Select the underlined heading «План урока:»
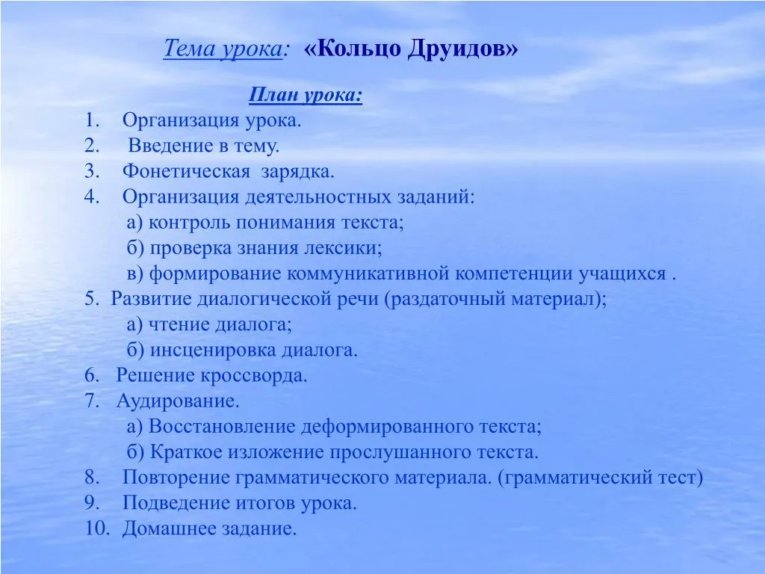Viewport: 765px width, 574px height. point(306,95)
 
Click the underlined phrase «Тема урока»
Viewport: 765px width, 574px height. point(223,49)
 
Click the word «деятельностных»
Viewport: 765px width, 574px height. point(318,197)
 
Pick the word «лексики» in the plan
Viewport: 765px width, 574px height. point(343,248)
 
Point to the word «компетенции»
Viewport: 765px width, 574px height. point(513,274)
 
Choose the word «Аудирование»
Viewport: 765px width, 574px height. point(178,401)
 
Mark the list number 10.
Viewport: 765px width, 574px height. point(98,528)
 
